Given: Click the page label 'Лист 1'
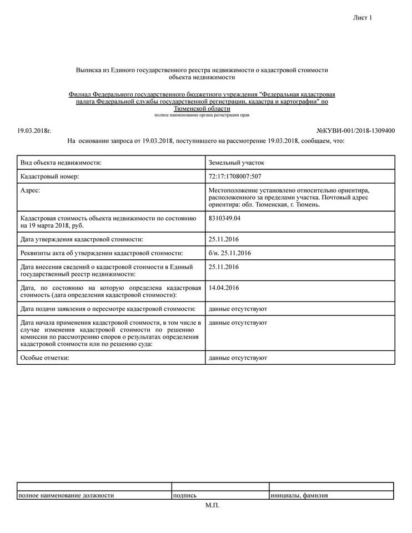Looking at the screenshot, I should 362,18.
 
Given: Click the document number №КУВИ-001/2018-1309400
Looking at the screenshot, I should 355,131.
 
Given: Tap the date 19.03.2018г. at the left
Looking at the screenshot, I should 34,131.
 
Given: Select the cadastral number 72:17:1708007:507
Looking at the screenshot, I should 235,177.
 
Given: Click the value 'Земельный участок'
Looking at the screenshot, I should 237,163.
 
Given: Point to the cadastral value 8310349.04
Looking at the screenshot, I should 225,218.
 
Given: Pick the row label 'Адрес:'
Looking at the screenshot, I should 31,190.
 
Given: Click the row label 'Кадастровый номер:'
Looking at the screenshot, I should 50,177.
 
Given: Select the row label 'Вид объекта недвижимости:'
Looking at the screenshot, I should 61,163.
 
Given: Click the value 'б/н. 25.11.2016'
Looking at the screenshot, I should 230,253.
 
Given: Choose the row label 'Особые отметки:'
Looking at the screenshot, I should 44,358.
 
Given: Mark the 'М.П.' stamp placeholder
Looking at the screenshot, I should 212,505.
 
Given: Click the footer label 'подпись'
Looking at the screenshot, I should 185,495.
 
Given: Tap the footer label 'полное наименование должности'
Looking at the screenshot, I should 66,495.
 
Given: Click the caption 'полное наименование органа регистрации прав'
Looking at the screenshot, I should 202,115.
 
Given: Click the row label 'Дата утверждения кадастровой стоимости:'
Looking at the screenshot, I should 82,239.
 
